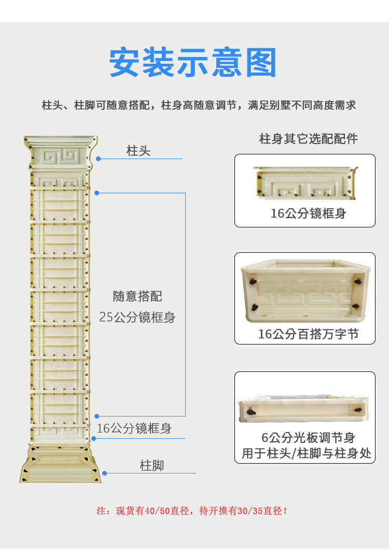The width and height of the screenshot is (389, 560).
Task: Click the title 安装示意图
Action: point(193,63)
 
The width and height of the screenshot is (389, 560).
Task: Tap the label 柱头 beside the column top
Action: point(138,151)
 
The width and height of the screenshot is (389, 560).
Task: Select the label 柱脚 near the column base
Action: point(152,466)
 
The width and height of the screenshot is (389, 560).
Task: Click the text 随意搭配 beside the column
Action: point(137,296)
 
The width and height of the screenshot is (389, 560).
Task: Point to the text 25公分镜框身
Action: point(137,317)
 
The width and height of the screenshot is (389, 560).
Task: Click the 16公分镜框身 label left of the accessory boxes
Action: point(134,429)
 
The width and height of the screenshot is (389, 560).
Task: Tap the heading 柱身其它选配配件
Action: point(309,139)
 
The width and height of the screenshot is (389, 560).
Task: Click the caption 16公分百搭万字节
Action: point(308,334)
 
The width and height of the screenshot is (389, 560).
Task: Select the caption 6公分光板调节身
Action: point(308,438)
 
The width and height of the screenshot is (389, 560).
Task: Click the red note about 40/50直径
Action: point(192,511)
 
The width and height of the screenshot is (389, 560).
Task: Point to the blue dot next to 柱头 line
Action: point(98,159)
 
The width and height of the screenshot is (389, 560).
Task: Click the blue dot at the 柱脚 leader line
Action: point(104,473)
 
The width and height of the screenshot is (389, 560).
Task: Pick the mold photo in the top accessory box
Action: point(305,184)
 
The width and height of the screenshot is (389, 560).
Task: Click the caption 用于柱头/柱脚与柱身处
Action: point(307,454)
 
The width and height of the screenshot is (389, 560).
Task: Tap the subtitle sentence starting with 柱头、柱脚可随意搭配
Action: point(199,105)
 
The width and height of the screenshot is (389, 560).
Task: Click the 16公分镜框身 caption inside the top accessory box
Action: point(308,213)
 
